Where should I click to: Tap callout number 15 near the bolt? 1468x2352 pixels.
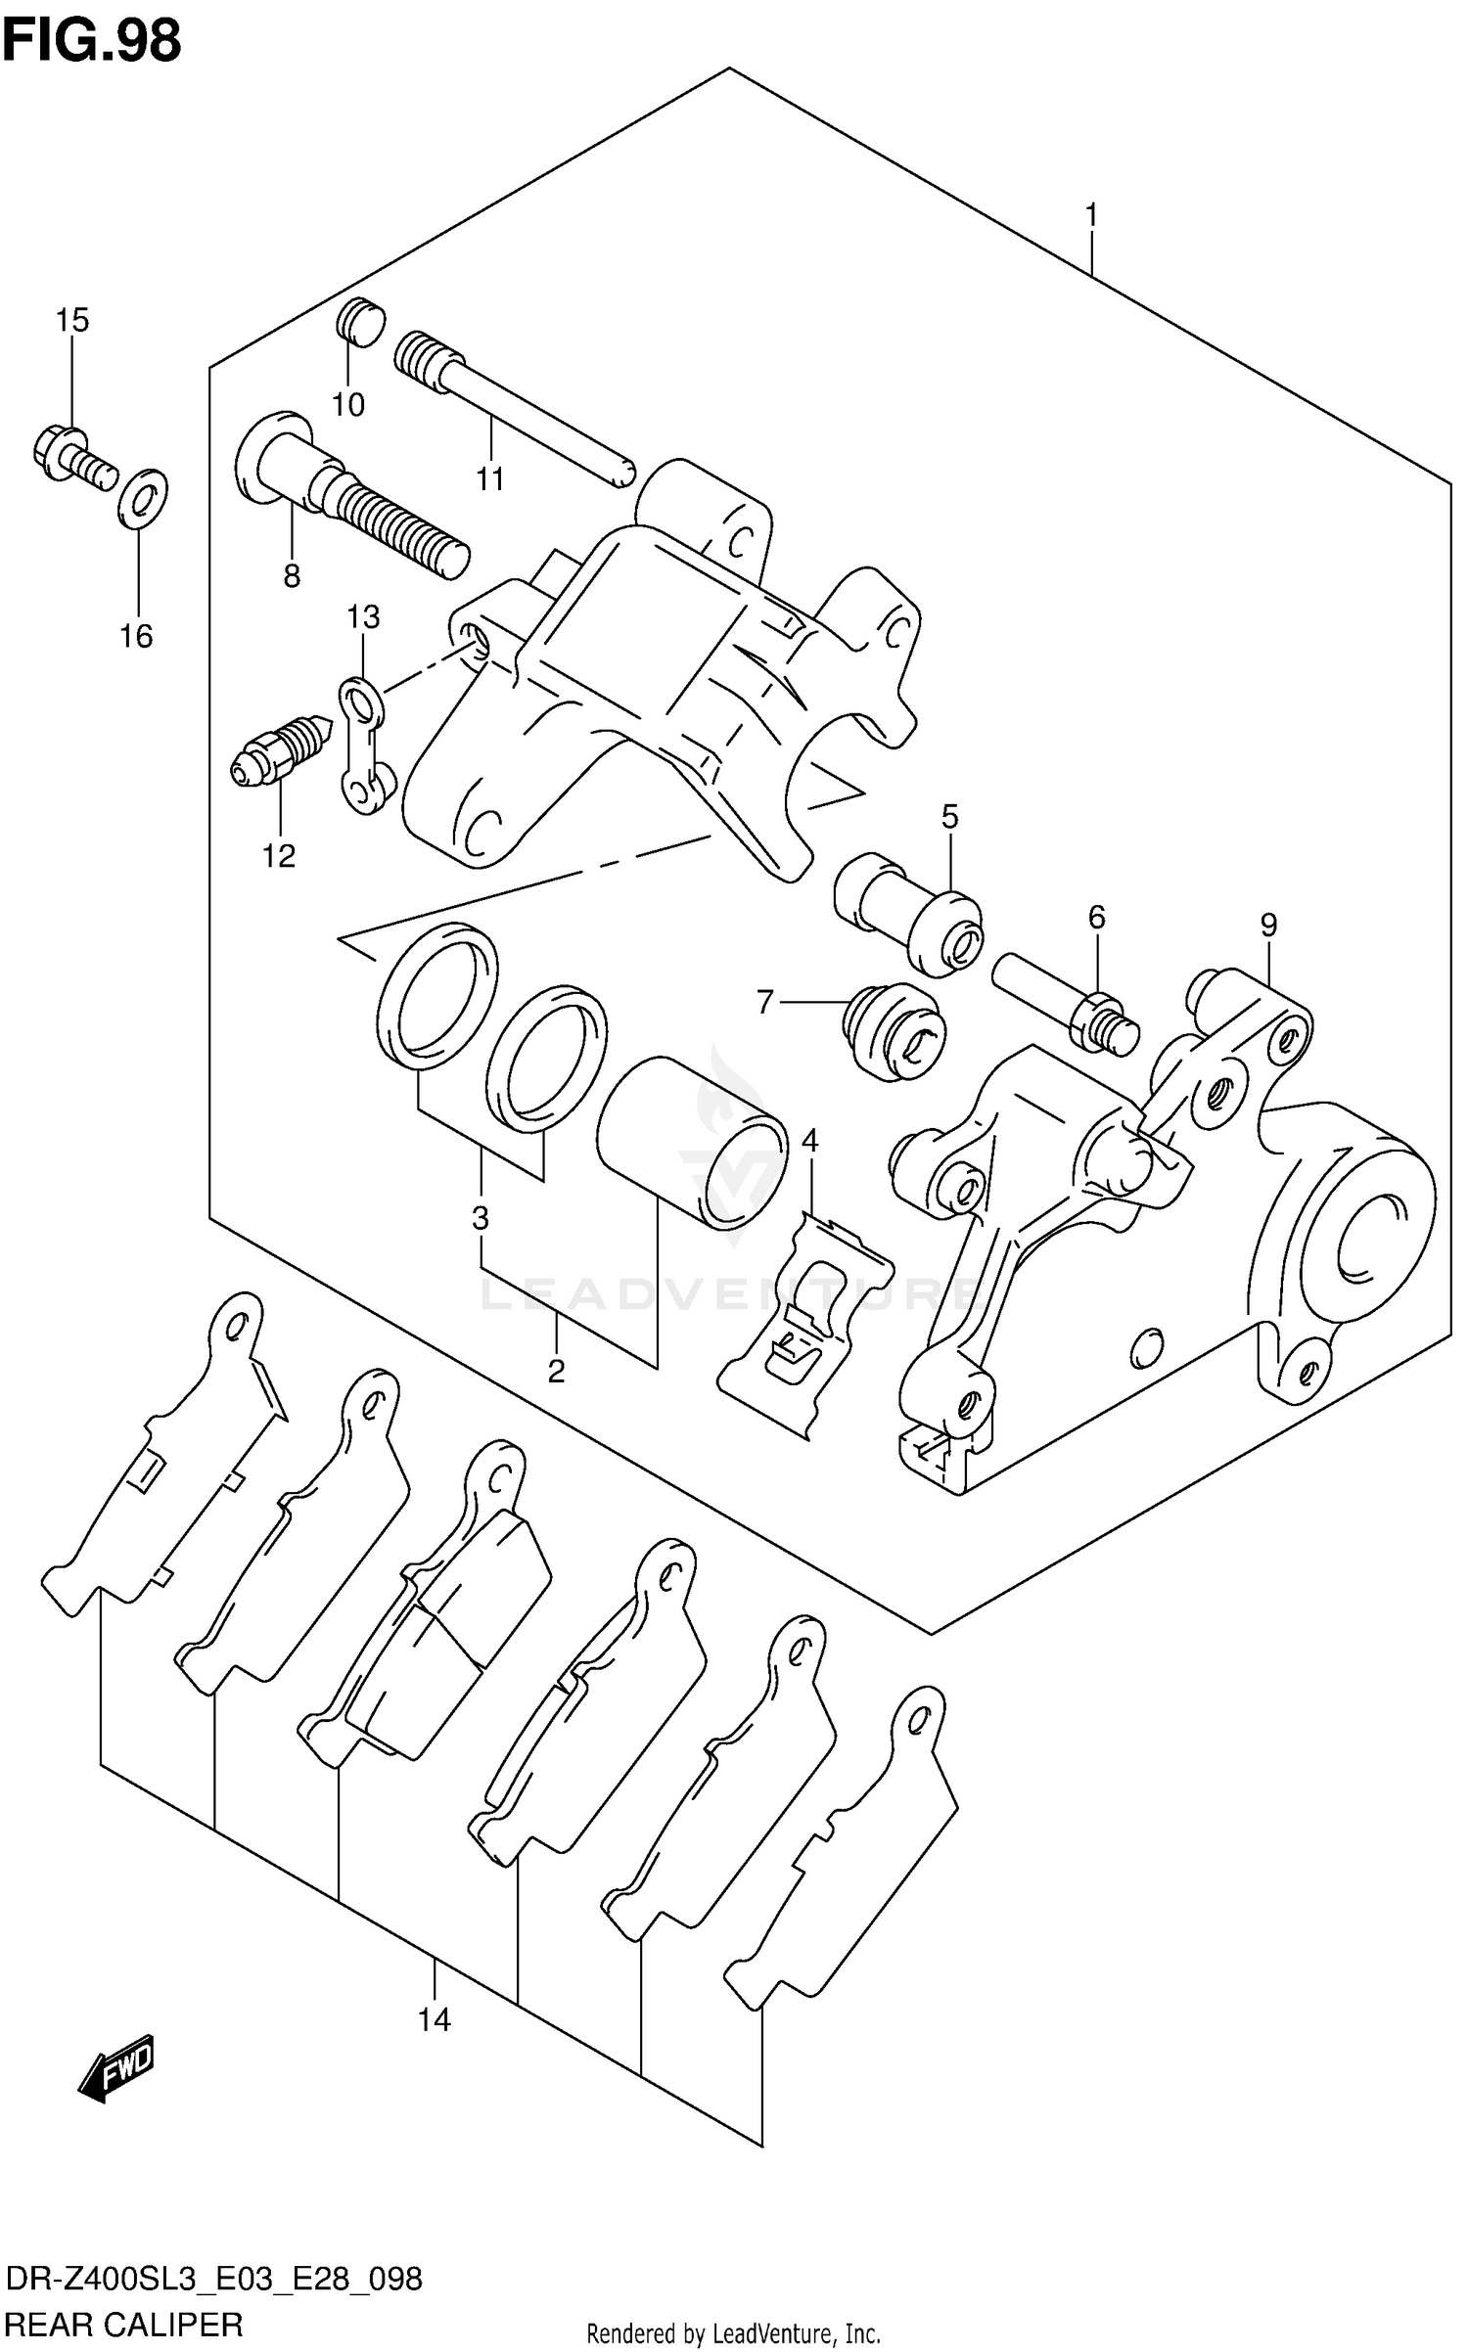pyautogui.click(x=71, y=319)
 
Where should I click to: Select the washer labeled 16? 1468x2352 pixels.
pyautogui.click(x=143, y=498)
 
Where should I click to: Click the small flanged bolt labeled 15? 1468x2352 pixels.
pyautogui.click(x=73, y=458)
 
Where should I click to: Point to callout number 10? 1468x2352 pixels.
pyautogui.click(x=348, y=404)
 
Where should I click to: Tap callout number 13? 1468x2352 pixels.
pyautogui.click(x=363, y=616)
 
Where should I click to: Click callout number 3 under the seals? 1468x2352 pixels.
pyautogui.click(x=480, y=1218)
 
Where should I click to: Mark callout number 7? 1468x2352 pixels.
pyautogui.click(x=765, y=1001)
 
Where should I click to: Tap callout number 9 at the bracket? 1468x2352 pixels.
pyautogui.click(x=1268, y=925)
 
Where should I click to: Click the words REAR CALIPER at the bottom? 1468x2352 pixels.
pyautogui.click(x=124, y=2324)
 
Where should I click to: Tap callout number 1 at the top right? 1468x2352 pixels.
pyautogui.click(x=1091, y=214)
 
